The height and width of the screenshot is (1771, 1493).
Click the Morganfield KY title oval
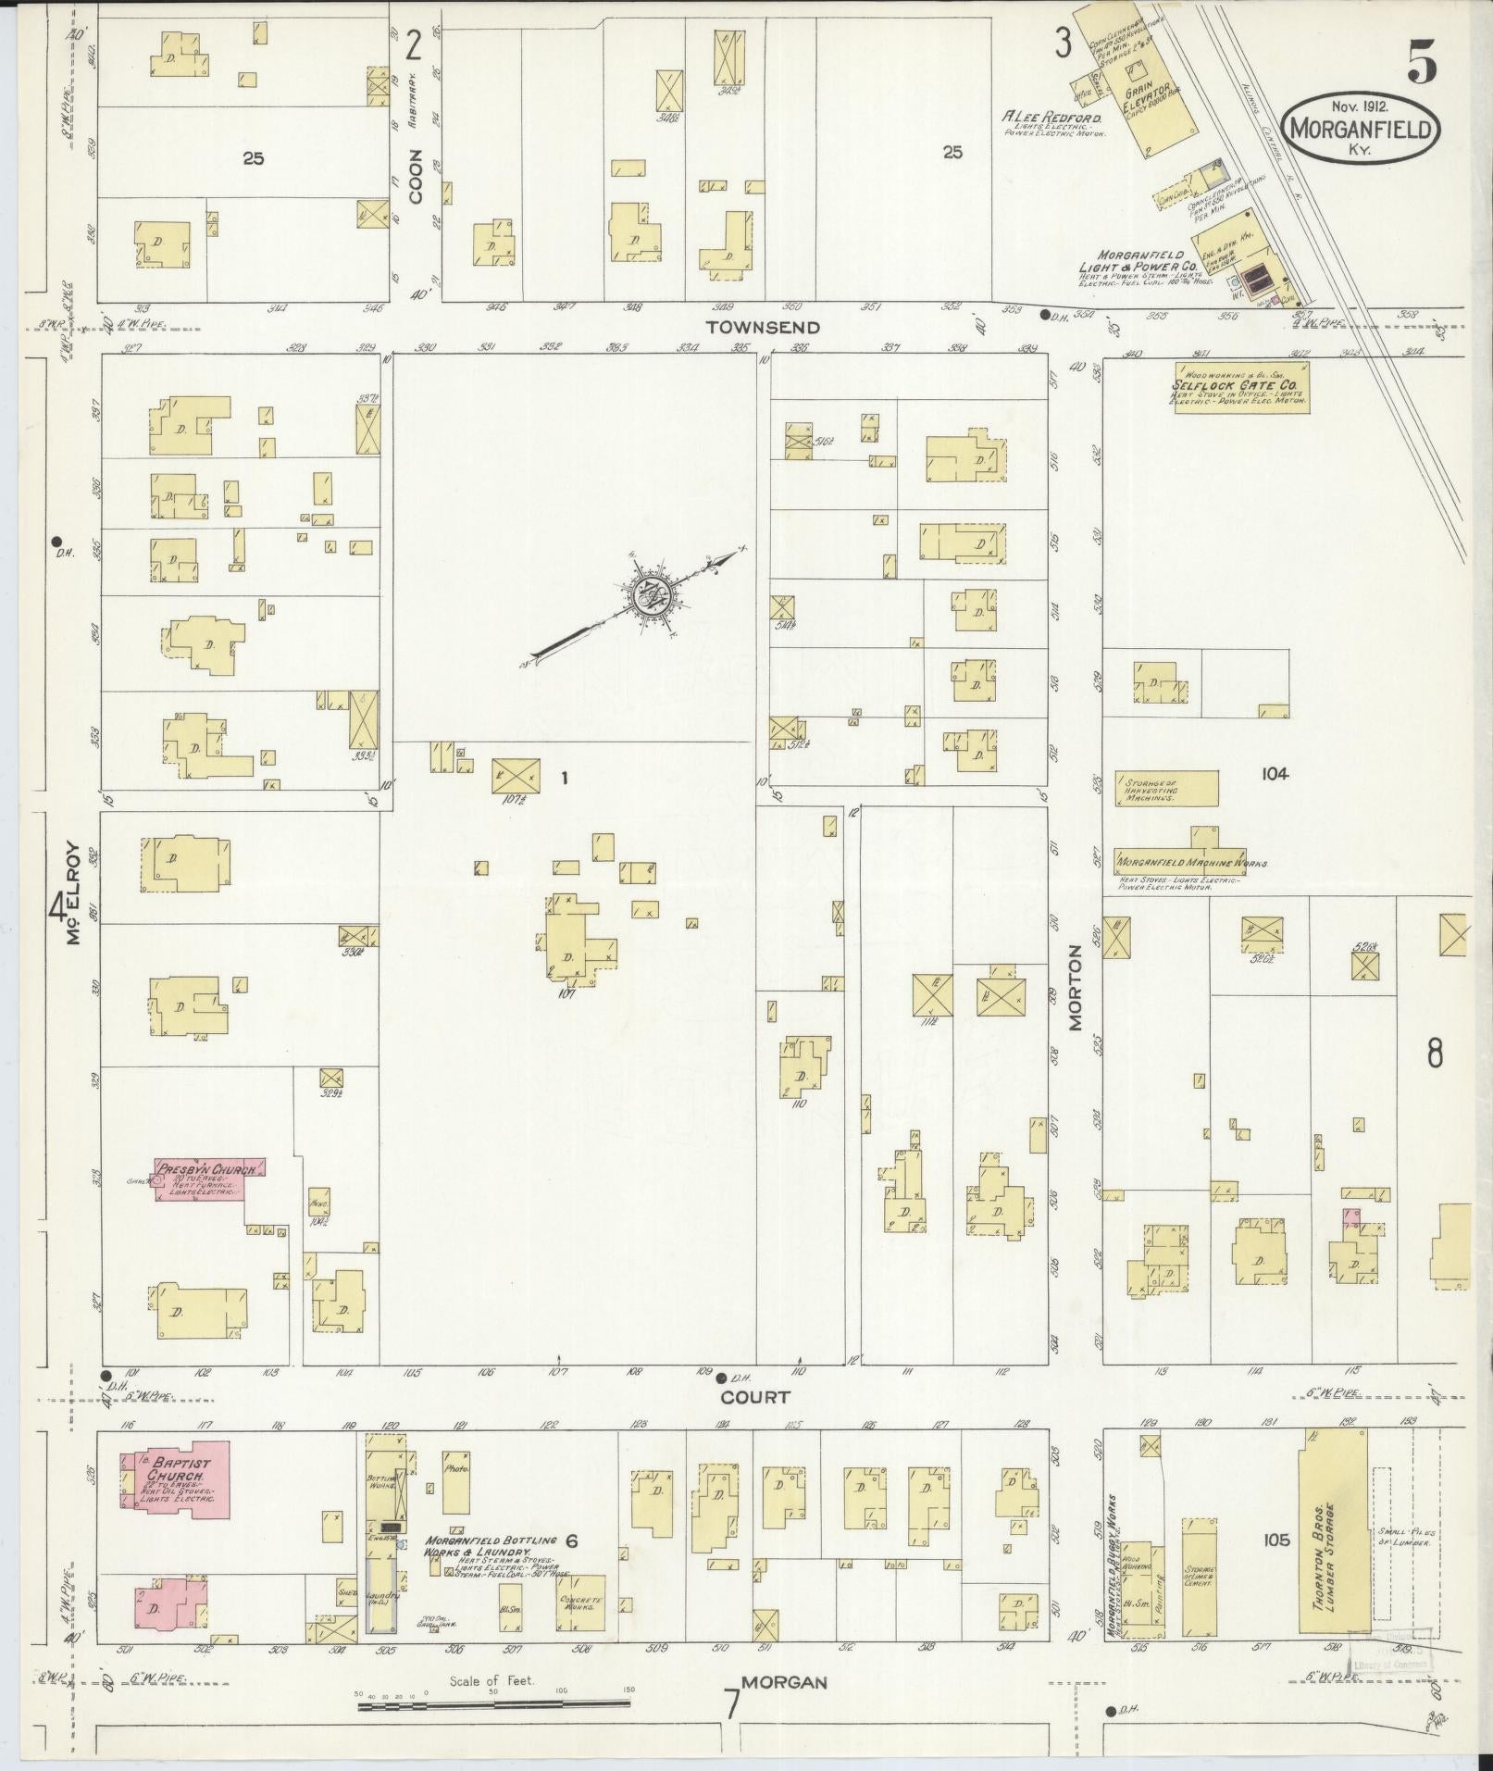pyautogui.click(x=1361, y=128)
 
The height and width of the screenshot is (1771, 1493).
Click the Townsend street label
pyautogui.click(x=762, y=327)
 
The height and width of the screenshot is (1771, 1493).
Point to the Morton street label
pyautogui.click(x=1076, y=988)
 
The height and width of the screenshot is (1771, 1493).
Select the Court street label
pyautogui.click(x=755, y=1397)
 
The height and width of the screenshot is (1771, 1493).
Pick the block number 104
pyautogui.click(x=1274, y=774)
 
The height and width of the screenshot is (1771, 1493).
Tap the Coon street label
pyautogui.click(x=416, y=176)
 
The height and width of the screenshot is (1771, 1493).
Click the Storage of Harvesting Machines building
pyautogui.click(x=1165, y=789)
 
